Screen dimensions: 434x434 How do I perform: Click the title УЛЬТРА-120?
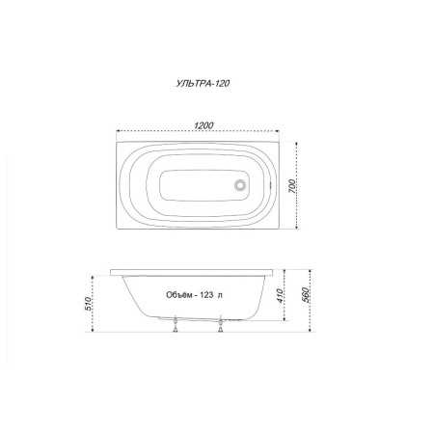(203, 83)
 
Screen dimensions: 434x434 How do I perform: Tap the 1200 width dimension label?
(203, 125)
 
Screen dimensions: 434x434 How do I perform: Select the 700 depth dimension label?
(292, 186)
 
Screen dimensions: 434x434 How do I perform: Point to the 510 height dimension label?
(88, 304)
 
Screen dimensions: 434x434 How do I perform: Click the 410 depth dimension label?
(280, 296)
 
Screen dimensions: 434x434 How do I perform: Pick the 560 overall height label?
(306, 295)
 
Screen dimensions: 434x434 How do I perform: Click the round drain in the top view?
(240, 185)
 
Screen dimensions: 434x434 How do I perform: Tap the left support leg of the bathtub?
(176, 324)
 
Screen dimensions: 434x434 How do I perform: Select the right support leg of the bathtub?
(220, 324)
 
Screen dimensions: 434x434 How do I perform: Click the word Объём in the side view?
(178, 295)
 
